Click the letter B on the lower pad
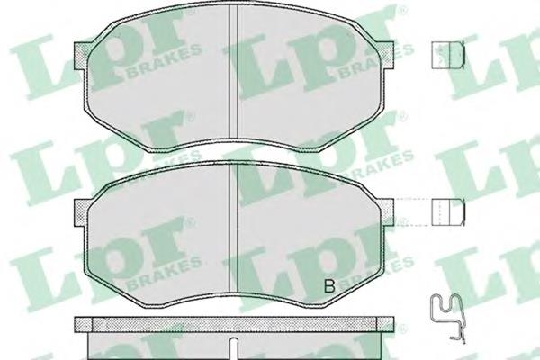pyautogui.click(x=329, y=286)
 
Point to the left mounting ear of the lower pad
pyautogui.click(x=81, y=213)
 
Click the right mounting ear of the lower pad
pyautogui.click(x=386, y=212)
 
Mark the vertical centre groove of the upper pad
pyautogui.click(x=233, y=72)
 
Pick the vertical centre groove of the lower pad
pyautogui.click(x=233, y=228)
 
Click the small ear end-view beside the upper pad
pyautogui.click(x=448, y=55)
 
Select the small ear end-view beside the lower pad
pyautogui.click(x=448, y=212)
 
